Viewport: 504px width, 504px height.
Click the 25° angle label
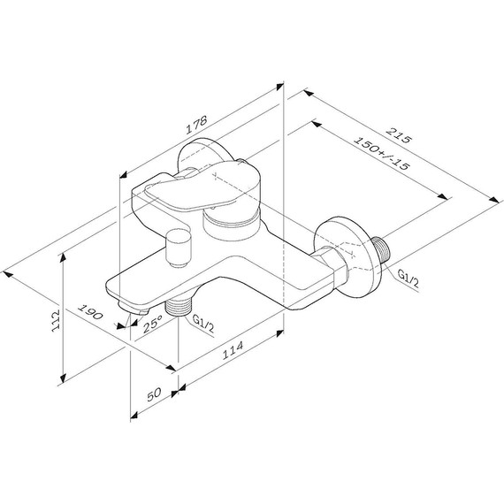tap(152, 324)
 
